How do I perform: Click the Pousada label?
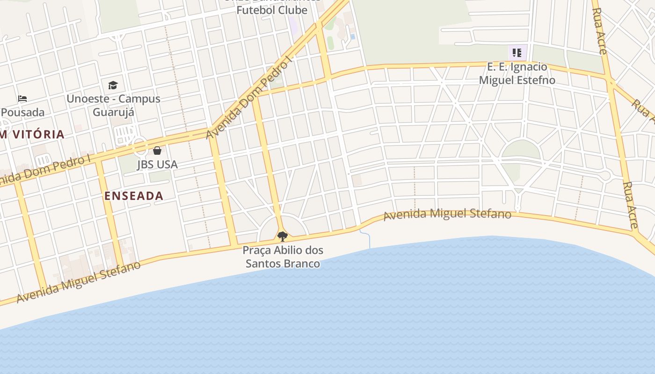(23, 112)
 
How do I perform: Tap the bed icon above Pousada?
(22, 99)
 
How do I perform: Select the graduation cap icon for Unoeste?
(113, 85)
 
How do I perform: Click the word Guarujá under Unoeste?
(113, 112)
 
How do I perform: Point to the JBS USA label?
(157, 165)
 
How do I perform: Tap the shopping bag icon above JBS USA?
(157, 151)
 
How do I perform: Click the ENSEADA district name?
(134, 196)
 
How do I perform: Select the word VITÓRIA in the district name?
(38, 135)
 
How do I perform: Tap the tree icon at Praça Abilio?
(282, 236)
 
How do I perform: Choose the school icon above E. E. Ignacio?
(517, 53)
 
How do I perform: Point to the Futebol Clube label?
(272, 10)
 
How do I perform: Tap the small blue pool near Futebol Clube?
(352, 36)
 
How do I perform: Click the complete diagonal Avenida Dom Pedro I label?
(249, 97)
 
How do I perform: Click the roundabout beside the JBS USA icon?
(140, 146)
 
